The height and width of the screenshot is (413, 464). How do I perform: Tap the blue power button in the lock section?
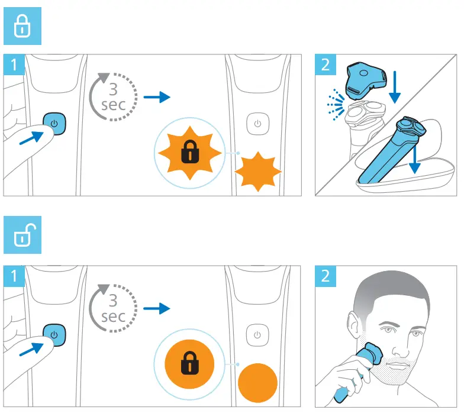54,124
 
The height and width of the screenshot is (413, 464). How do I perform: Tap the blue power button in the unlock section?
54,335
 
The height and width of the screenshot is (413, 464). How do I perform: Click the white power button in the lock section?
257,124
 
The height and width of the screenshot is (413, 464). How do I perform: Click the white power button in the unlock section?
257,335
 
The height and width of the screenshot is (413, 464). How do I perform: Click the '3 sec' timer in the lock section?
112,97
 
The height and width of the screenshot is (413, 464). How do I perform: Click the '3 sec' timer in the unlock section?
112,308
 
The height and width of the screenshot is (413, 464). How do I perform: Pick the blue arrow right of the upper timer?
156,97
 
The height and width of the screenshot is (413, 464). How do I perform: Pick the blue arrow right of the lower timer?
156,308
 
